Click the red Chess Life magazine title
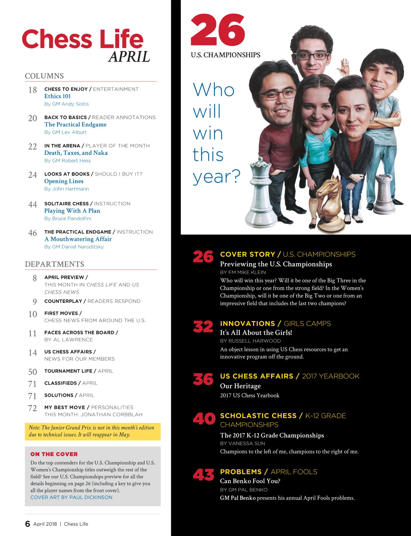pos(83,39)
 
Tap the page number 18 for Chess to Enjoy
pos(33,90)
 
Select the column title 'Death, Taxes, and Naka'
pos(76,153)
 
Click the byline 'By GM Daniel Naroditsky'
pos(74,247)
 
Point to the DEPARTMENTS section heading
pos(54,264)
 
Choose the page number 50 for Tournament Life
pos(33,372)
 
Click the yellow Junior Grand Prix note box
pos(92,431)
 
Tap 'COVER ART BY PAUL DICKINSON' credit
pos(71,497)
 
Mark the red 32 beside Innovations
pos(203,327)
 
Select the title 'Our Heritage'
pos(240,386)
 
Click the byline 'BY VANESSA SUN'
pos(242,443)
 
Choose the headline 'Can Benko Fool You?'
pos(250,481)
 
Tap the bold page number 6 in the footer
pos(28,524)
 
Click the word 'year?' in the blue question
pos(216,177)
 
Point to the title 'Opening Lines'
pos(64,181)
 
